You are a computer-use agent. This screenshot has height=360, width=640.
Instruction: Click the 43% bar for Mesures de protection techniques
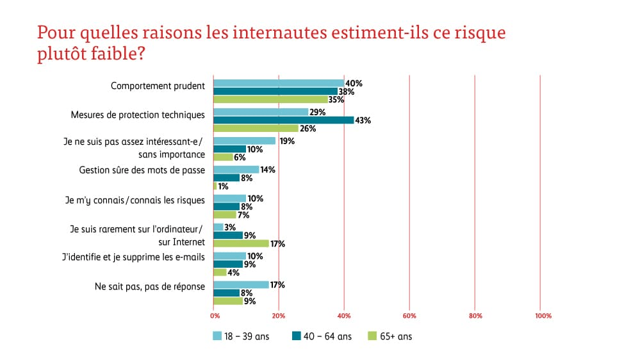coord(283,120)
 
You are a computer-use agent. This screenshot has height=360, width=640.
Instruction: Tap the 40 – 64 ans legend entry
coord(321,336)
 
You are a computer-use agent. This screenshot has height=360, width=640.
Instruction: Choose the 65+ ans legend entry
coord(391,336)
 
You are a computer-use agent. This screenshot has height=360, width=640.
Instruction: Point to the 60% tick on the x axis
coord(409,316)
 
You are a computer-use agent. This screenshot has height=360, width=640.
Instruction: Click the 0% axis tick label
coord(215,316)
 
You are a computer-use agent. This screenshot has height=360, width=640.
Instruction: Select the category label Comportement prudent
coord(158,86)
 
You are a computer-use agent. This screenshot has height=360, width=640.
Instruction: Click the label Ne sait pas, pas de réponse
coord(149,286)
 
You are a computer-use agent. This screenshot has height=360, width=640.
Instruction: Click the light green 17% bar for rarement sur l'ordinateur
coord(241,243)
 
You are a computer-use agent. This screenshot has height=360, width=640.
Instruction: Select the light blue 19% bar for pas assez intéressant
coord(244,141)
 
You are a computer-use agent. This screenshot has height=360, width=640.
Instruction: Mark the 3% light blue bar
coord(218,227)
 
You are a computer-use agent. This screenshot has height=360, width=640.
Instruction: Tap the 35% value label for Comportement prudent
coord(336,100)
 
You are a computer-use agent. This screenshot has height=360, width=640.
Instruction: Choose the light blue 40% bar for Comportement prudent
coord(279,83)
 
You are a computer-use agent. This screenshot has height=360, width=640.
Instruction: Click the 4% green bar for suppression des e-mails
coord(220,272)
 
